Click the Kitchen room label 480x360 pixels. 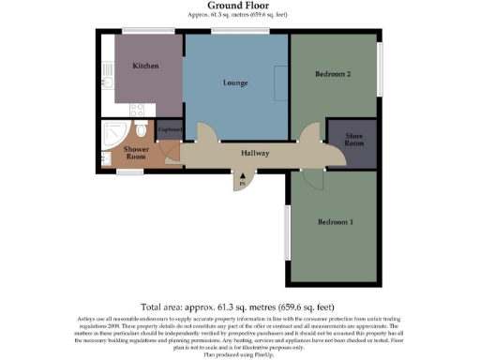[145, 67]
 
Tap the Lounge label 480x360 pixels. [234, 82]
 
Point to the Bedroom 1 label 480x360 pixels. [335, 222]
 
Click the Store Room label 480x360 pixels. [353, 141]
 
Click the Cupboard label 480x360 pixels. [170, 129]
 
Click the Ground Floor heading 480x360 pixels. [239, 7]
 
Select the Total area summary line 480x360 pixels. [239, 307]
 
